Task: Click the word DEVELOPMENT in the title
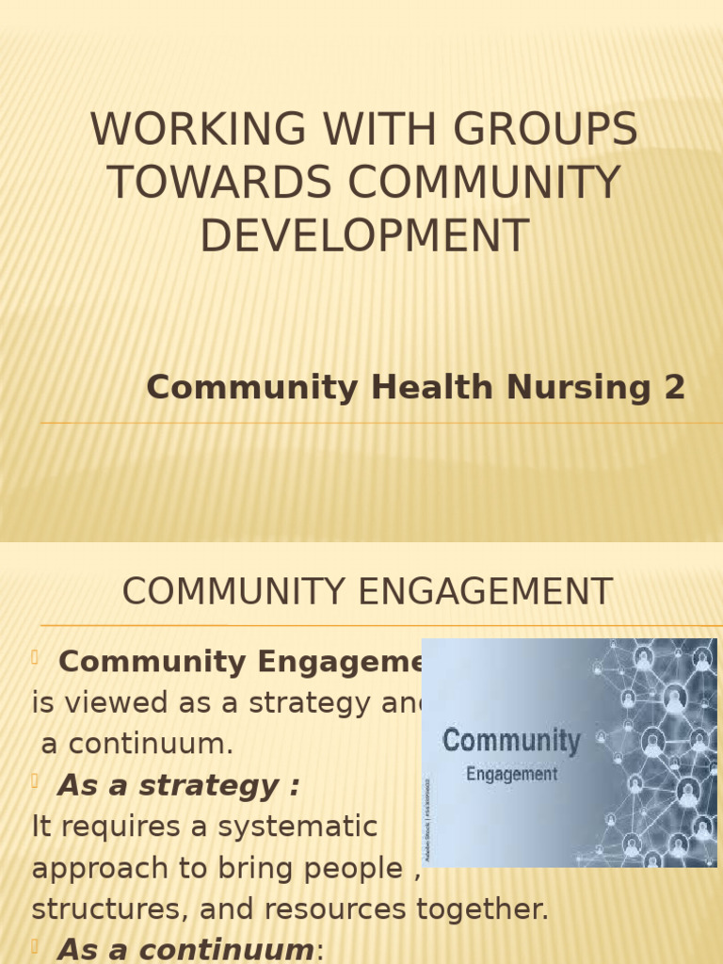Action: click(363, 235)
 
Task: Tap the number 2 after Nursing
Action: click(675, 387)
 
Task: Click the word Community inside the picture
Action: click(511, 741)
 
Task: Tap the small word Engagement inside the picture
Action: click(512, 775)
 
